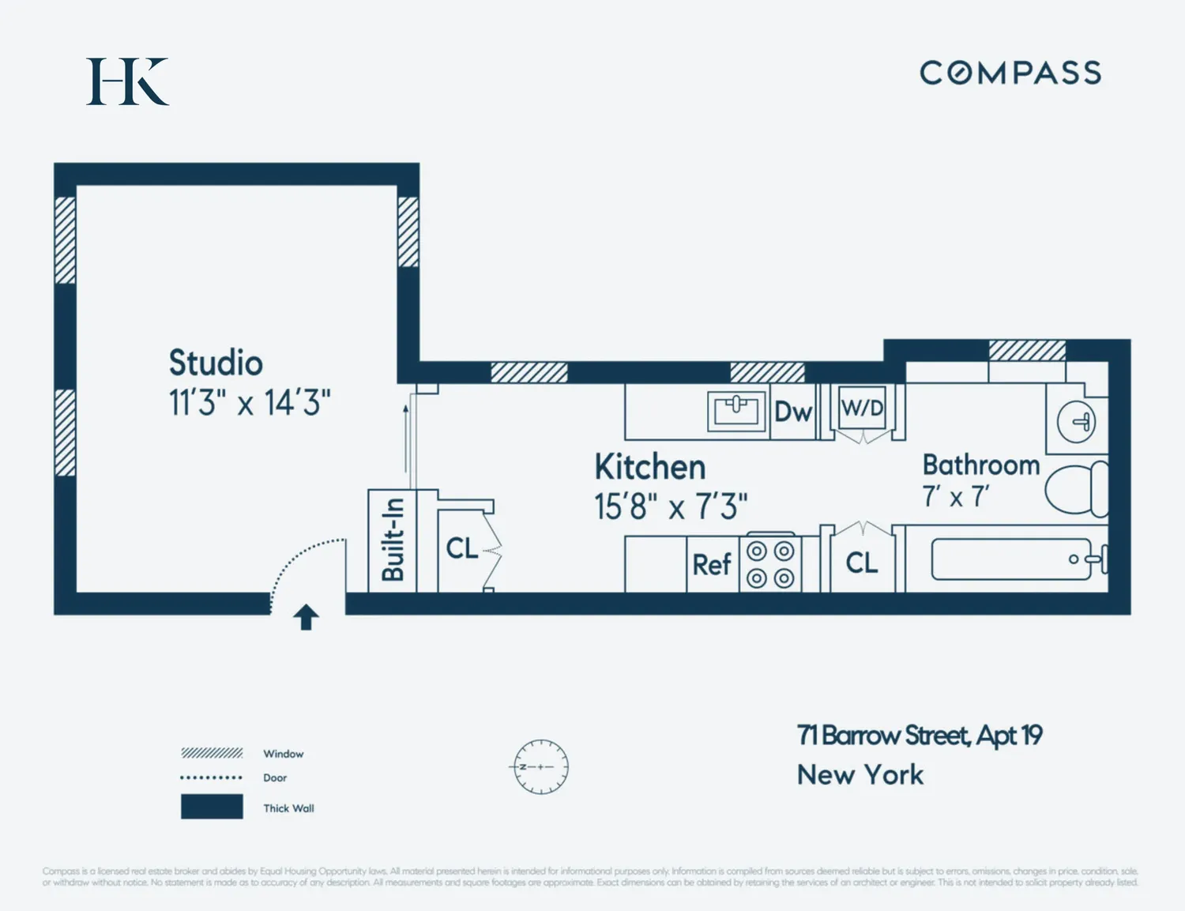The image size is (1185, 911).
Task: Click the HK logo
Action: [127, 81]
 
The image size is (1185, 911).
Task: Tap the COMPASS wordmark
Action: [1010, 73]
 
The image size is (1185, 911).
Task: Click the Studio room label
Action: [216, 363]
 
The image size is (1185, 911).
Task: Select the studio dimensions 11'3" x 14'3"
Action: [250, 403]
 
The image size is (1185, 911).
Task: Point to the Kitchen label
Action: [649, 467]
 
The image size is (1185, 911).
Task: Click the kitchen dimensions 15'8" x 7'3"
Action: [671, 506]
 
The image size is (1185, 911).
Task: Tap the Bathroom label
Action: [980, 465]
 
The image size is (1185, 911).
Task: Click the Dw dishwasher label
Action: [793, 411]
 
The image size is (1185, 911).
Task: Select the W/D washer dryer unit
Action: [862, 409]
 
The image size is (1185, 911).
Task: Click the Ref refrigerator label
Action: [712, 565]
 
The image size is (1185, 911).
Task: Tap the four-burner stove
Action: [770, 564]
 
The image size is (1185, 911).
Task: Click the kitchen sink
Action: [736, 410]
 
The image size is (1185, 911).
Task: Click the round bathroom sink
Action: [1077, 421]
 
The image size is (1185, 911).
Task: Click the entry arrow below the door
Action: [307, 617]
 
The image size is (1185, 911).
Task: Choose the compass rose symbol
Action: [540, 766]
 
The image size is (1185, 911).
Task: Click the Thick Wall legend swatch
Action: [212, 807]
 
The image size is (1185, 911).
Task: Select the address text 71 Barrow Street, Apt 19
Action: [920, 736]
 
